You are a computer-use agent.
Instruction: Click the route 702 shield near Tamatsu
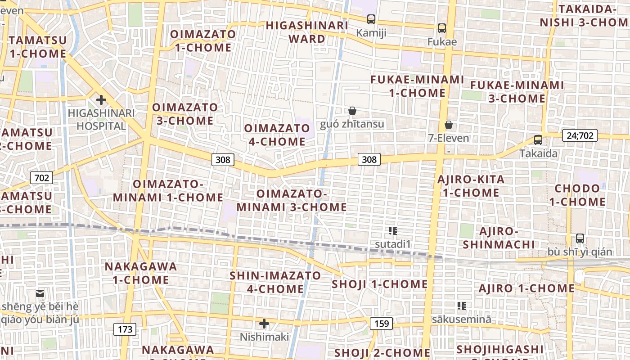pos(41,178)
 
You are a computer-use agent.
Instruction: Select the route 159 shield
pos(381,323)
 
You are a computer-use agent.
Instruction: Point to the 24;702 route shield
pos(580,135)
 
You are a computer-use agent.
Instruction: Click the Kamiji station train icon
pos(371,19)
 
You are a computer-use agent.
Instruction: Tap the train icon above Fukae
pos(441,28)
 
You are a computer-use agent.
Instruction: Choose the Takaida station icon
pos(538,140)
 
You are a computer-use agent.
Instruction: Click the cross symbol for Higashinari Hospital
pos(101,99)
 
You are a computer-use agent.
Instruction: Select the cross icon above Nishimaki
pos(264,323)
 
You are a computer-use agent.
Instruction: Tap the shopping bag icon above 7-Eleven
pos(448,125)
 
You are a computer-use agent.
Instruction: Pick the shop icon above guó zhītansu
pos(352,111)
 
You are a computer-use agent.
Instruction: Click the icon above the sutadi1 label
pos(393,231)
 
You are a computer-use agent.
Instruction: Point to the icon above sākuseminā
pos(461,306)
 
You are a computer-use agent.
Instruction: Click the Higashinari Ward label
pos(307,31)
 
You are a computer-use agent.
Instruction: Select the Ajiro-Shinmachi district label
pos(499,238)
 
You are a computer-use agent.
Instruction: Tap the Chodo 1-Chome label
pos(577,195)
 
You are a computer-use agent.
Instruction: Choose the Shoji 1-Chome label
pos(379,284)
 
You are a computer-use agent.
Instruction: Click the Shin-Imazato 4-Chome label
pos(275,282)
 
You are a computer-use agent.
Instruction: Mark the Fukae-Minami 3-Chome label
pos(517,91)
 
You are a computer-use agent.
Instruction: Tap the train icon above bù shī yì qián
pos(580,238)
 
